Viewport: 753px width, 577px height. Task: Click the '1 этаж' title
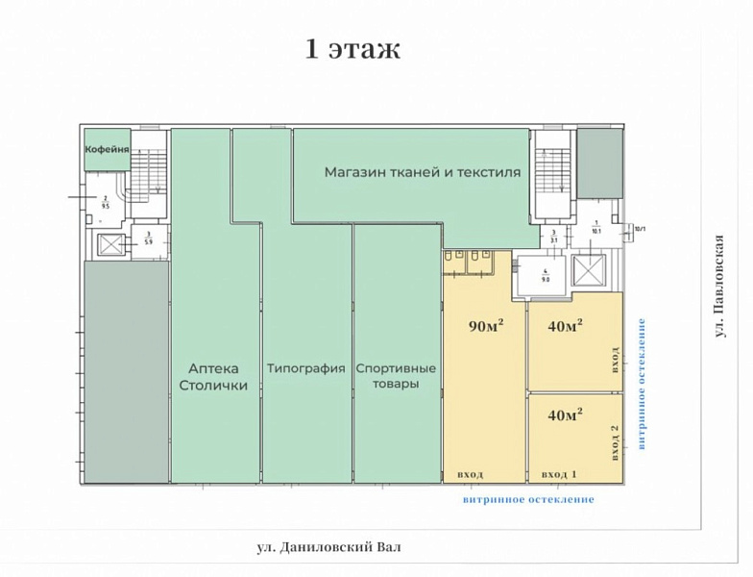click(352, 49)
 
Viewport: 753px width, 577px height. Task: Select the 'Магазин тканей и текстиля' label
click(422, 173)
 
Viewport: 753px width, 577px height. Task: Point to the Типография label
click(305, 368)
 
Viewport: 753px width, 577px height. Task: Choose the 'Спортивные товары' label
click(396, 376)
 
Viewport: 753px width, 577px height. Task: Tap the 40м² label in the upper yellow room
click(566, 327)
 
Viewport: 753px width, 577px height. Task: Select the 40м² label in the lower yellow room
click(566, 415)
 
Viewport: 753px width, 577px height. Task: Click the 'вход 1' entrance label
click(559, 475)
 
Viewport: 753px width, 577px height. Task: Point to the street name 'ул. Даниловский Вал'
click(328, 547)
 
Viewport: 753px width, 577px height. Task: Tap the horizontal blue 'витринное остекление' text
click(528, 499)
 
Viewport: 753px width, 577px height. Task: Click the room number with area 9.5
click(104, 202)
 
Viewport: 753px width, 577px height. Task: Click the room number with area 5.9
click(149, 238)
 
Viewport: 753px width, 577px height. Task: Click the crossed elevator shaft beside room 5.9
click(108, 244)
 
